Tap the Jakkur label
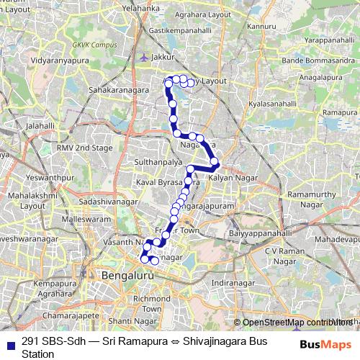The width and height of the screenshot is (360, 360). [x=164, y=56]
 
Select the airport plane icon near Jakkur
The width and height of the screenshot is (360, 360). [x=145, y=56]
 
